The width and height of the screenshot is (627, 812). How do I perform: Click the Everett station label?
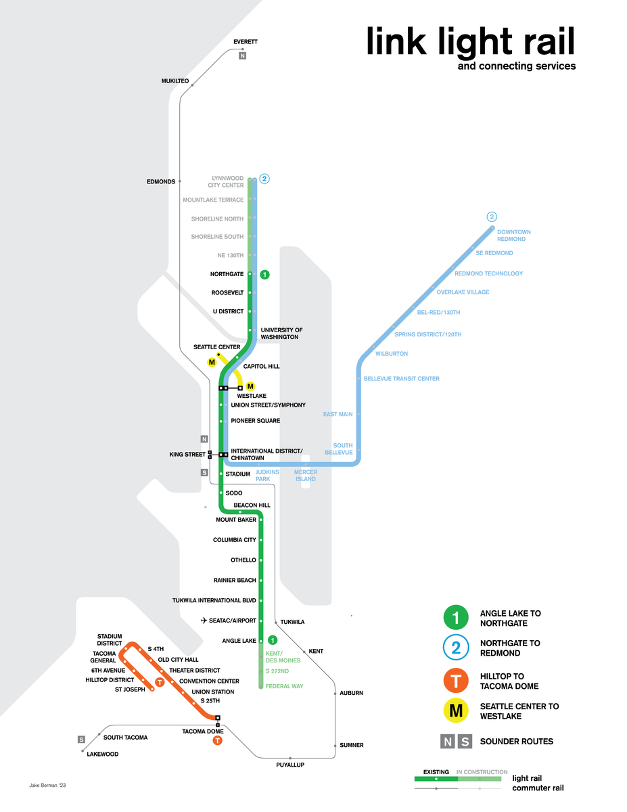[245, 42]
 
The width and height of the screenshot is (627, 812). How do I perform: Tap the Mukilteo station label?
[175, 81]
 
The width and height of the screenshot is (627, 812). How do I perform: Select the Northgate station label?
[227, 274]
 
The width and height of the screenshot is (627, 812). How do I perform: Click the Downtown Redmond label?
[514, 235]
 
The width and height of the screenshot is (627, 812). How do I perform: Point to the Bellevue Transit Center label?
[401, 379]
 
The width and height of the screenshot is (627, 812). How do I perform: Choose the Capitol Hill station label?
[261, 366]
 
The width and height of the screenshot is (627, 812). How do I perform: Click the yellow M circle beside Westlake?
[250, 386]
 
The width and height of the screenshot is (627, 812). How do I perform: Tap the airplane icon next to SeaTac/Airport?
[204, 621]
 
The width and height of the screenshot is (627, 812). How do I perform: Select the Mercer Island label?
[304, 475]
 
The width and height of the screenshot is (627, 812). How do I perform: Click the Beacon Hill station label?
[252, 505]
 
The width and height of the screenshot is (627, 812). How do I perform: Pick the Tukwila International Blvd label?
[214, 600]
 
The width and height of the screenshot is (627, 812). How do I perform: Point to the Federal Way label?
[284, 686]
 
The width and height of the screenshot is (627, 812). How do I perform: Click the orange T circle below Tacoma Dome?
[217, 741]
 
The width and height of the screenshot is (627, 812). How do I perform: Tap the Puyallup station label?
[290, 765]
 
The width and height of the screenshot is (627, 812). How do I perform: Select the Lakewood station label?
[103, 754]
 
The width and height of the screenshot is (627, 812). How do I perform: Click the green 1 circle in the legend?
[456, 618]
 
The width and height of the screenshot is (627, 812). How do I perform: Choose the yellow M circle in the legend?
[456, 710]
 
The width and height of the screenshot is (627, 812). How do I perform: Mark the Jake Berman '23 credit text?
[47, 786]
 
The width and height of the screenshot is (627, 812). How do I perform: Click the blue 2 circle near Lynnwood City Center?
[265, 179]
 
